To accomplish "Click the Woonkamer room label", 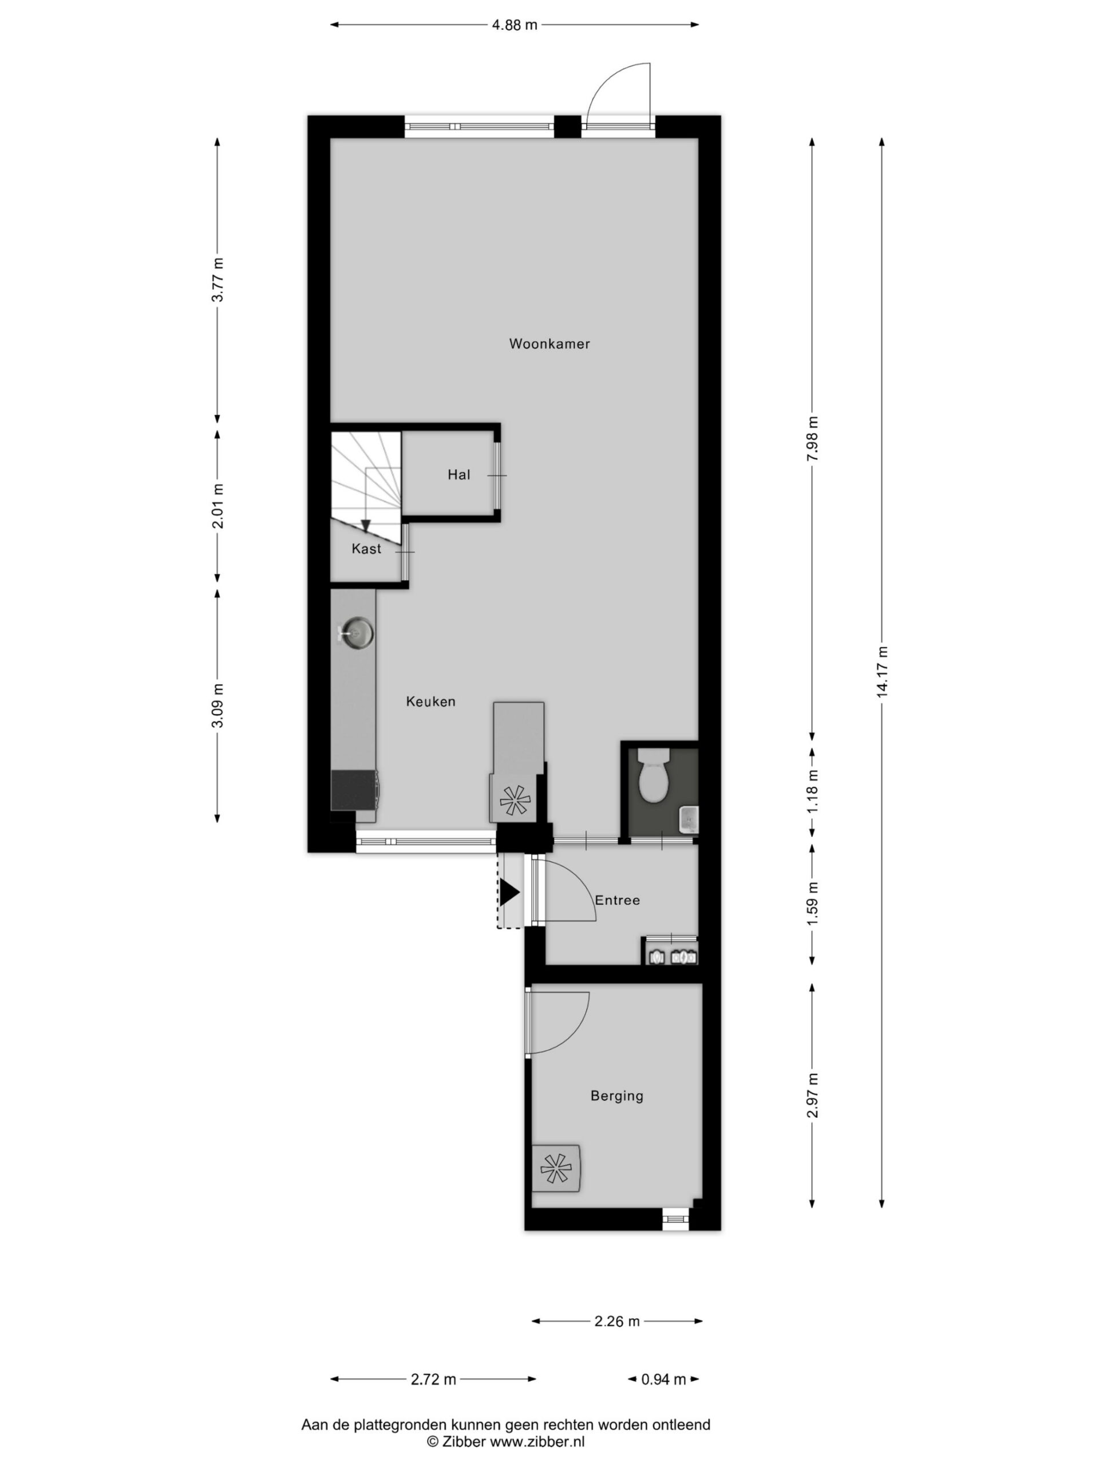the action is [x=549, y=343].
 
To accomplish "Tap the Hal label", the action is [x=459, y=475].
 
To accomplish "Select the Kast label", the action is [x=366, y=549].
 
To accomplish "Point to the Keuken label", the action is [x=430, y=701].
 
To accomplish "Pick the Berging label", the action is [x=616, y=1095].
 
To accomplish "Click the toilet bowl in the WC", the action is [x=653, y=775].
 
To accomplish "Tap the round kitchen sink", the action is [x=357, y=632].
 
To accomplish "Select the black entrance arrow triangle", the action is [x=509, y=892].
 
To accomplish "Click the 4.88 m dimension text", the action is [x=514, y=25].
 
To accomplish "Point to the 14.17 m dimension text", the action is [x=881, y=671].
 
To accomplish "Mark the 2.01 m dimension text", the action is [x=218, y=506].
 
